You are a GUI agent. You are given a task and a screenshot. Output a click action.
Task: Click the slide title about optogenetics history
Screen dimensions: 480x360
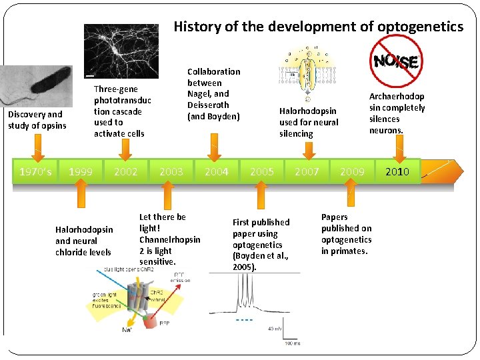point(318,27)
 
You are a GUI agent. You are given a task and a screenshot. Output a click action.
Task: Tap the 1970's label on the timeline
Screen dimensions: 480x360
point(36,171)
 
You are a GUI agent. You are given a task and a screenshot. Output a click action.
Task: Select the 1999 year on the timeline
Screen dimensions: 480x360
point(81,171)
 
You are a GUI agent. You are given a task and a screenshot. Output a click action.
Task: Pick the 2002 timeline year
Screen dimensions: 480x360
point(126,171)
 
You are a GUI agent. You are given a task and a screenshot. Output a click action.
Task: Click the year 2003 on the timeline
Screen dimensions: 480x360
point(171,171)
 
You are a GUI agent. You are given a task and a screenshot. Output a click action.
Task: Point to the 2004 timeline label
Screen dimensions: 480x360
point(217,171)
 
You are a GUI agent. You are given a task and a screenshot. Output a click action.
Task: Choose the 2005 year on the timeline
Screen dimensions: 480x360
point(262,171)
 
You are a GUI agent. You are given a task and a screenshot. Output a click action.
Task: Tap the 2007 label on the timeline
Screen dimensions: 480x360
point(307,171)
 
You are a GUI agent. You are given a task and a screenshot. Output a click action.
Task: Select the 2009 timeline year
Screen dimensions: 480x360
point(353,171)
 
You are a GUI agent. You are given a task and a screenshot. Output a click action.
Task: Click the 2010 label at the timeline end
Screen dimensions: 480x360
point(398,172)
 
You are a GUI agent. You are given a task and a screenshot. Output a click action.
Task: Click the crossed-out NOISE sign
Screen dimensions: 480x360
point(396,61)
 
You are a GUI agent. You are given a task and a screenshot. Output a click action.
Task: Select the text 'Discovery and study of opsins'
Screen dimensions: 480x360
point(37,120)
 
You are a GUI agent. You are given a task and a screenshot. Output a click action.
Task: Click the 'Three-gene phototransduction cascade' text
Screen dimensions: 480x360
point(122,111)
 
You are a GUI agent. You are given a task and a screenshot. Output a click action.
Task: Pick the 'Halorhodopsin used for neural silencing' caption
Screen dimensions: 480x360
point(308,122)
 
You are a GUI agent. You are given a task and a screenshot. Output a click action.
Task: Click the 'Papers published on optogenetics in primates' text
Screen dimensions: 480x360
point(346,234)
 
